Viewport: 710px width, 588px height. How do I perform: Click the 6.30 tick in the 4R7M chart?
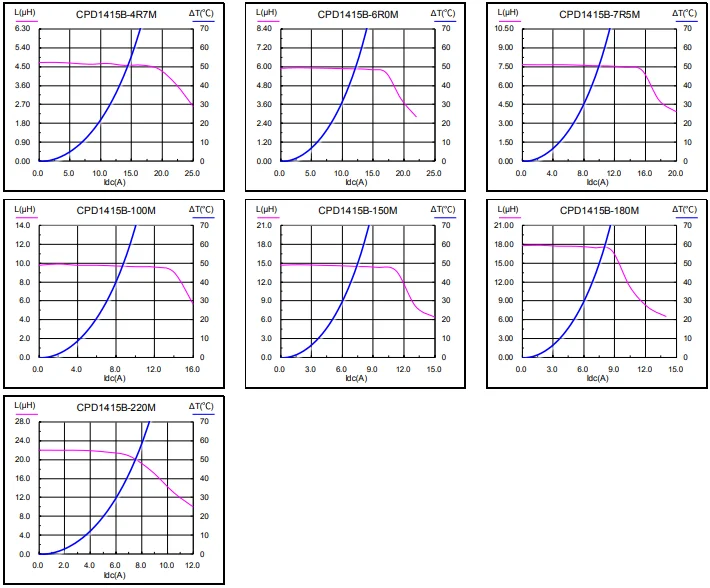pos(21,28)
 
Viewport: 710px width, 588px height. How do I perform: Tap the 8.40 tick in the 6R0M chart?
pos(263,28)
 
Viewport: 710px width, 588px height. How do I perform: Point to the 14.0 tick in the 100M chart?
pos(23,225)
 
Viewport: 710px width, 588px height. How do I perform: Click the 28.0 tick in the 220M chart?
pos(23,422)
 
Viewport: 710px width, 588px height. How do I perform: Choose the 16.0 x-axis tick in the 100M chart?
pos(193,370)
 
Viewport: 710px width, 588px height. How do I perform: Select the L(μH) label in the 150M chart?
pos(265,209)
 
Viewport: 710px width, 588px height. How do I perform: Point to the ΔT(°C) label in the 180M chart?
pos(684,209)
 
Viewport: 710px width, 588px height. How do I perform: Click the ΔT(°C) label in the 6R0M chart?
pos(442,12)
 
